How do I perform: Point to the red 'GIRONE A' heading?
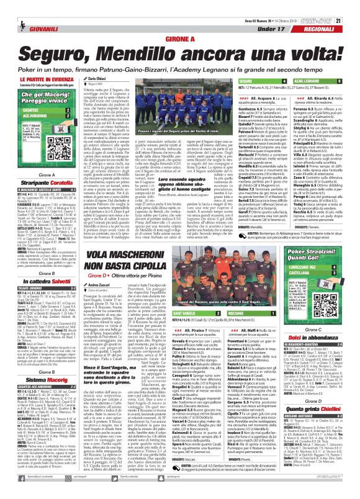180,38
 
